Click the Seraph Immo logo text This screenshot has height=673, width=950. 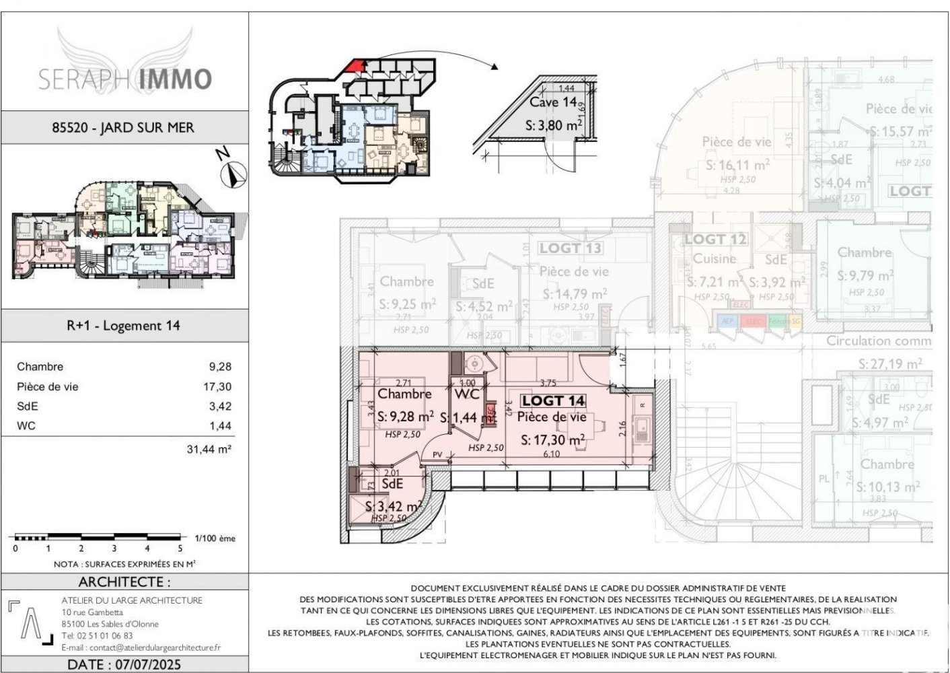125,79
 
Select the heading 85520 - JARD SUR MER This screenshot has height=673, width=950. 123,127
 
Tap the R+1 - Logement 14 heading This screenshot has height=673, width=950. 123,326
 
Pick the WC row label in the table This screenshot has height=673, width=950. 26,426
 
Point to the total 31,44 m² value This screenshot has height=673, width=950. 209,450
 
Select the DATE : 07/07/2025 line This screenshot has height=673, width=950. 124,664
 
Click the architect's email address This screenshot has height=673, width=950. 141,647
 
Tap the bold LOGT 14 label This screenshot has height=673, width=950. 553,401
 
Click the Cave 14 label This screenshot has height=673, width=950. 553,103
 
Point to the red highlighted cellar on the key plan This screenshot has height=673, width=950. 356,65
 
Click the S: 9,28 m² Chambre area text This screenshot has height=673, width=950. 405,417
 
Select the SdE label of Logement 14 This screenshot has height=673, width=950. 392,484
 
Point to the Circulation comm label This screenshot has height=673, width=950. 879,341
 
